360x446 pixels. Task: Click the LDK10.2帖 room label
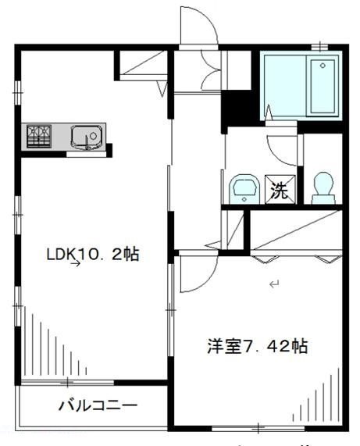pos(92,255)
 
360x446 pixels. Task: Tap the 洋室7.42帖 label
pos(257,346)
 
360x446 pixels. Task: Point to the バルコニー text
pos(97,405)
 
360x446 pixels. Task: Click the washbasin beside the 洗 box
pos(243,188)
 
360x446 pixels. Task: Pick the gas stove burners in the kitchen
pos(37,136)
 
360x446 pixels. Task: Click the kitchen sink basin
pos(85,137)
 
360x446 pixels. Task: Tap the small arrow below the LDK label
pos(76,265)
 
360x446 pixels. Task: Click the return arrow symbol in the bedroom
pos(273,285)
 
